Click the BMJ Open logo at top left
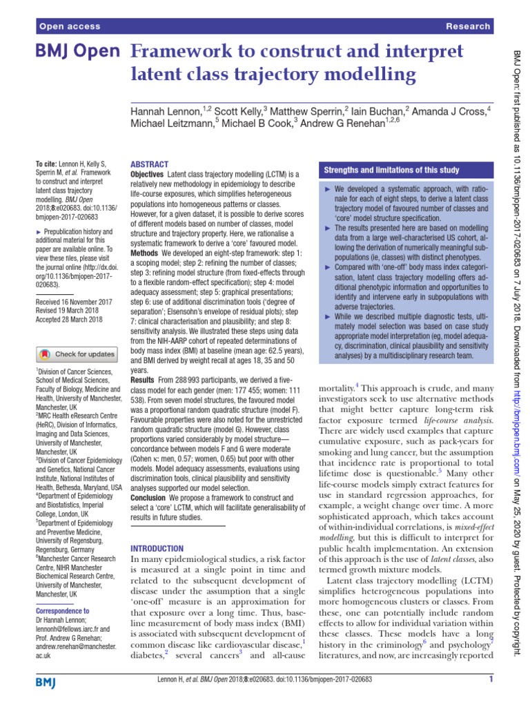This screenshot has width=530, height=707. click(78, 52)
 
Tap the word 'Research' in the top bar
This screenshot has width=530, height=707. click(468, 26)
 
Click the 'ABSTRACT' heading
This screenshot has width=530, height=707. click(149, 164)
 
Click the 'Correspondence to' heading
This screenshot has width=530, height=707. click(62, 611)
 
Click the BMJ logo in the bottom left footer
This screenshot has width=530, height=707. click(46, 682)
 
